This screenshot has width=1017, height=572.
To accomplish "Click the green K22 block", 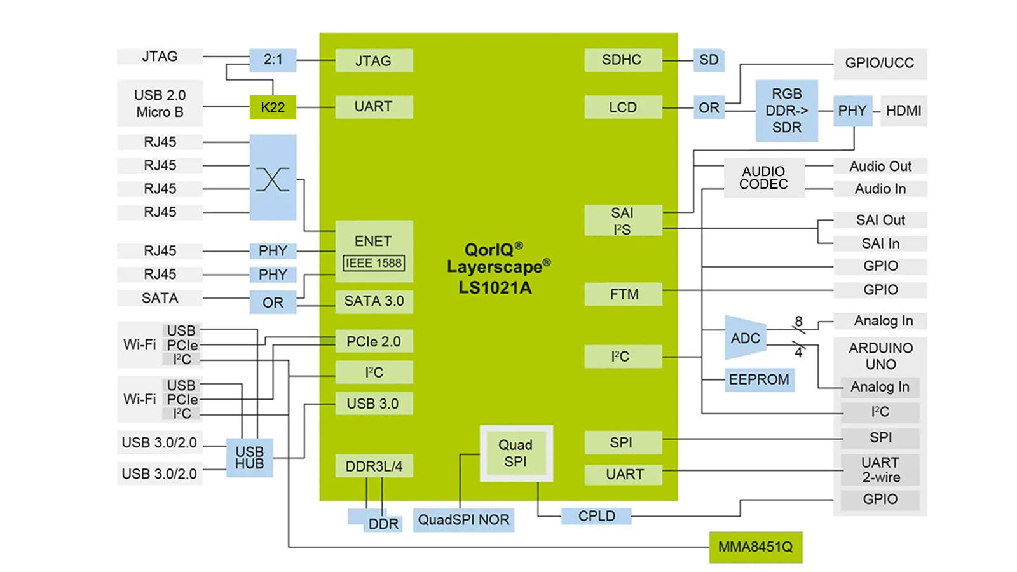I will [x=273, y=107].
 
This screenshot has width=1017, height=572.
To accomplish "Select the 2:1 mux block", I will [x=273, y=60].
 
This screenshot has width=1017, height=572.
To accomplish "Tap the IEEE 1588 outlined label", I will [x=374, y=263].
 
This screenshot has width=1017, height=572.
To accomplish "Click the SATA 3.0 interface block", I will [x=374, y=301].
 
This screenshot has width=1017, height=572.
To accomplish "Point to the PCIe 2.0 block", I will [x=374, y=341].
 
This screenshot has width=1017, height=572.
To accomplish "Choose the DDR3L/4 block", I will [x=374, y=466].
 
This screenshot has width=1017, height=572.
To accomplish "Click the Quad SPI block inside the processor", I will [x=515, y=453].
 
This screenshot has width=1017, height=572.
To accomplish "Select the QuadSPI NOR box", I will [x=463, y=520].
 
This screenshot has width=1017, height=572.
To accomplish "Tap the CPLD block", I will [x=596, y=516].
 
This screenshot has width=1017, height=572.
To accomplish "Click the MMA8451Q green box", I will [x=756, y=547].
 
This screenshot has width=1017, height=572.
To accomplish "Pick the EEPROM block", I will [x=759, y=379].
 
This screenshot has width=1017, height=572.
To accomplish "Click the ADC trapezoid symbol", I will [x=745, y=338].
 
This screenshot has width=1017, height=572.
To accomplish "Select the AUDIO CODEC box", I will [x=763, y=178].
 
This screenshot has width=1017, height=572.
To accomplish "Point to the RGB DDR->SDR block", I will [x=786, y=111].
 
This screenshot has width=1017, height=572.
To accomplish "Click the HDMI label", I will [x=903, y=111].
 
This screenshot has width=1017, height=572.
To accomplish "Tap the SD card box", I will [x=709, y=60].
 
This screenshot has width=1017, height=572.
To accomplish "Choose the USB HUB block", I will [x=249, y=458].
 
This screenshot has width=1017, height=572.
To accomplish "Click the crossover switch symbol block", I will [x=273, y=177].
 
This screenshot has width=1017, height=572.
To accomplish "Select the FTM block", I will [x=624, y=294].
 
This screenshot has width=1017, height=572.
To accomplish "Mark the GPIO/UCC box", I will [x=880, y=64].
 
